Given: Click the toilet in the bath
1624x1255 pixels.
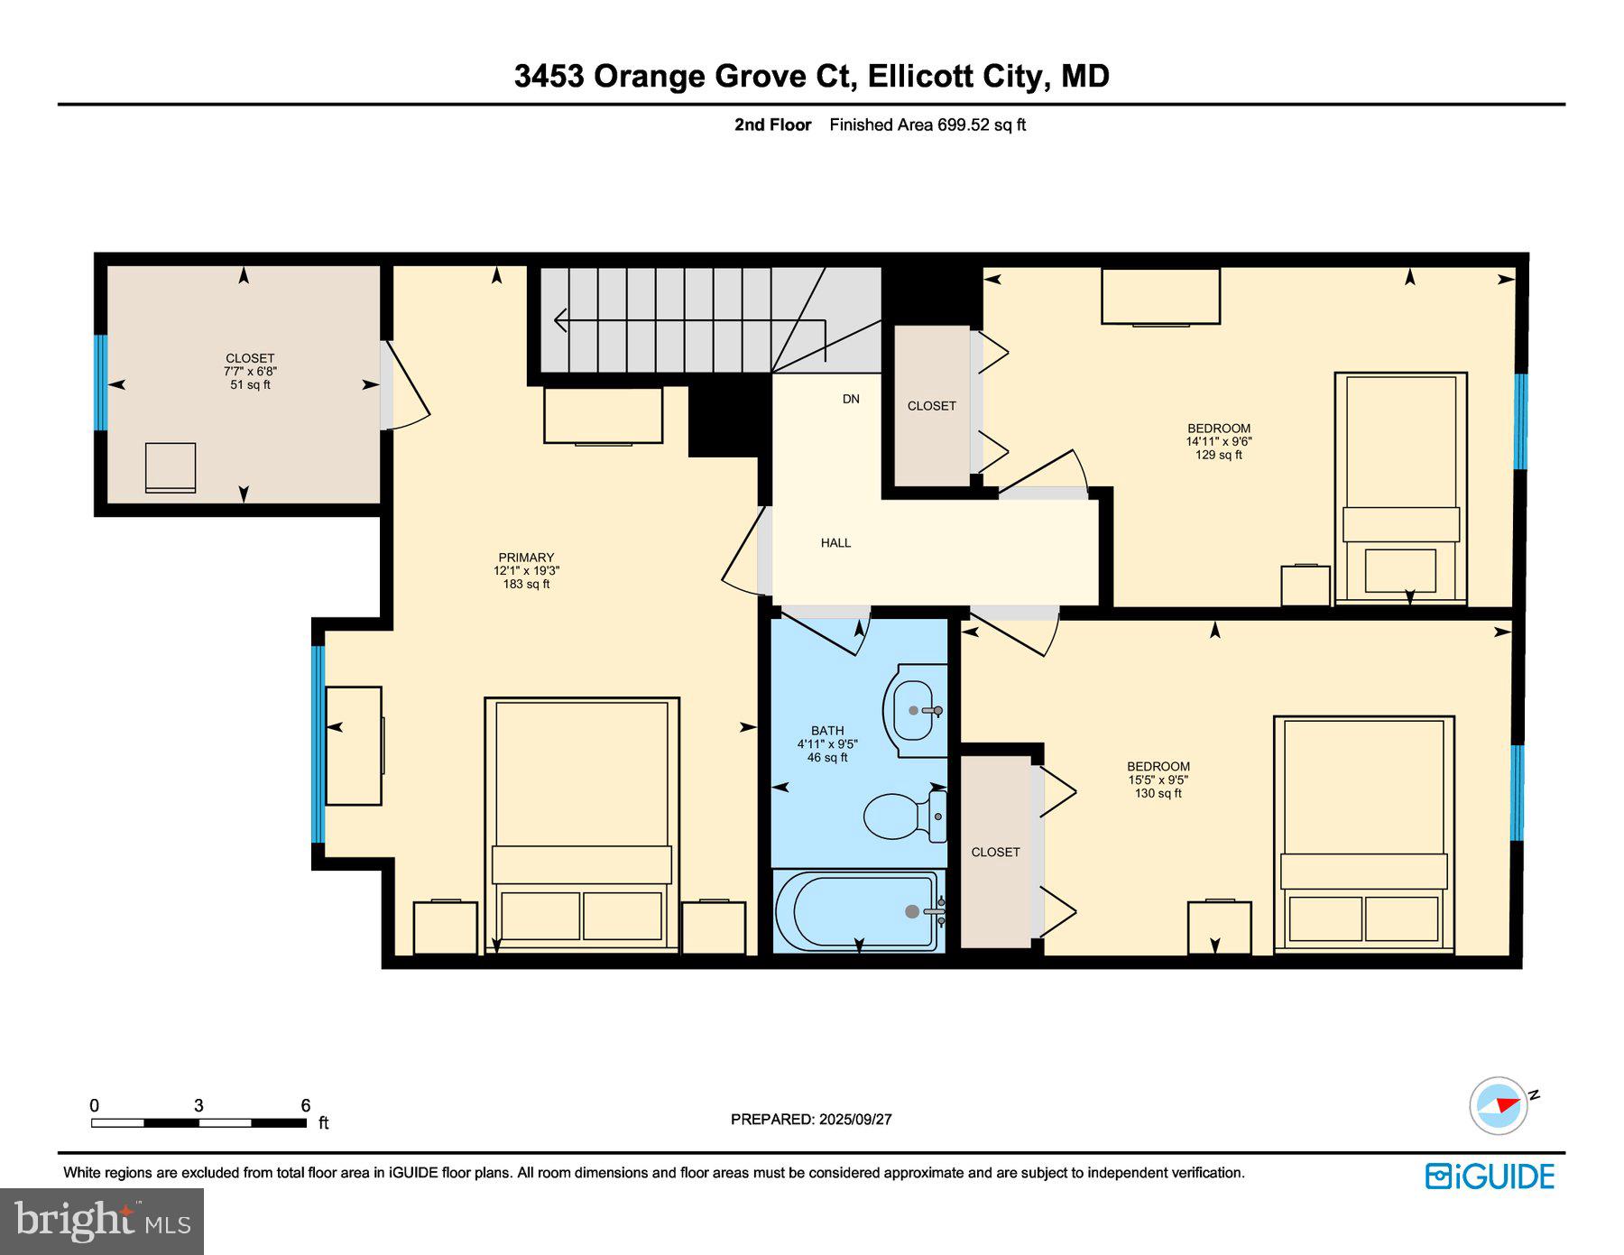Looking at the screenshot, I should coord(898,816).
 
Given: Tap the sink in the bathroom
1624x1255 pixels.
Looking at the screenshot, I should coord(916,712).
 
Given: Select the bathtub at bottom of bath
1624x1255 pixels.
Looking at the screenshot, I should coord(858,911).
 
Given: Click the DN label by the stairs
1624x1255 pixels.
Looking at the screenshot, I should coord(851,399).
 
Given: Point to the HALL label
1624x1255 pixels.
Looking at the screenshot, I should coord(835,543).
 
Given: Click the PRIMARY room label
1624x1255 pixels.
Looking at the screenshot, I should coord(526,558).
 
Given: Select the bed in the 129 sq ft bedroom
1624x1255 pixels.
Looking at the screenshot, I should coord(1400,487).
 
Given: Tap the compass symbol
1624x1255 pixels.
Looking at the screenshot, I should coord(1499,1104).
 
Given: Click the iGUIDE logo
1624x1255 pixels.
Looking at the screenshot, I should coord(1490,1177).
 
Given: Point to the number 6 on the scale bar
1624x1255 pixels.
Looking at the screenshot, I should coord(306,1105).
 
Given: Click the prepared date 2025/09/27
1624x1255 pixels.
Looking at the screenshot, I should coord(854,1120).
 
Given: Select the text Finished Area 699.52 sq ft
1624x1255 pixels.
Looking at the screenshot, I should coord(927,125).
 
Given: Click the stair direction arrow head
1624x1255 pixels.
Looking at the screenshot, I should coord(559,320).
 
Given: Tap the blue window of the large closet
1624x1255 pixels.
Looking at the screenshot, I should coord(101,383).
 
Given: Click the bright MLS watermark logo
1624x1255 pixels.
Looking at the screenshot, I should coord(102,1222).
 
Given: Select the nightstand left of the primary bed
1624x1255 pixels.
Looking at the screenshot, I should coord(445,927).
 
